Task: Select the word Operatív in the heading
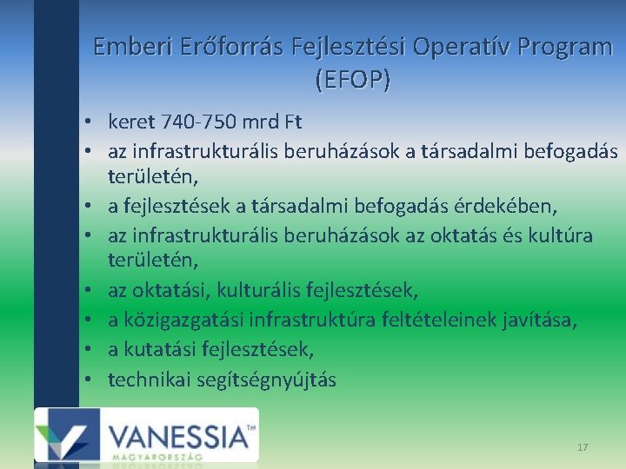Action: (463, 47)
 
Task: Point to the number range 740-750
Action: (210, 120)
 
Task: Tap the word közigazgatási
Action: (183, 320)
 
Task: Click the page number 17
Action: (582, 446)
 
